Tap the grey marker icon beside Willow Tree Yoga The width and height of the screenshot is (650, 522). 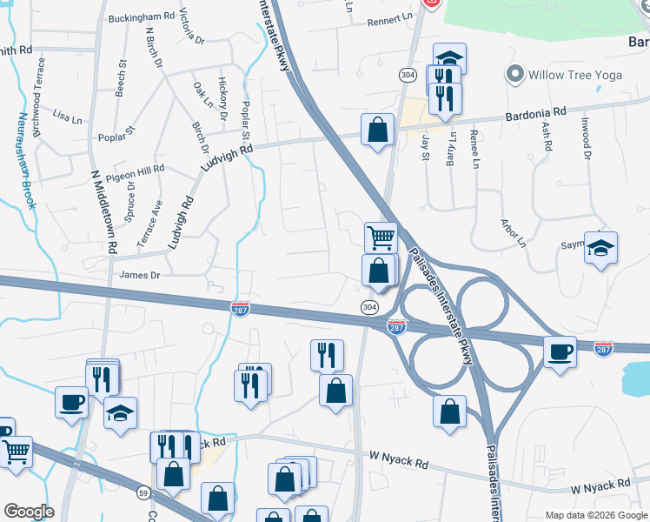click(514, 74)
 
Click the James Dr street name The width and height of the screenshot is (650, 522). click(141, 275)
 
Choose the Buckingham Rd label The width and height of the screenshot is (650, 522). click(142, 17)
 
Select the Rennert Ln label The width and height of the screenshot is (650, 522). click(389, 18)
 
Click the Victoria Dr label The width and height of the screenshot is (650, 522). click(192, 27)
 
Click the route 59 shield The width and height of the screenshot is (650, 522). click(142, 494)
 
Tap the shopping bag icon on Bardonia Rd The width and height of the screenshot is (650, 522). click(377, 130)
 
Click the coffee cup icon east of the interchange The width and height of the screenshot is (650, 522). click(560, 351)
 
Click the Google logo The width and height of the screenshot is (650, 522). click(29, 511)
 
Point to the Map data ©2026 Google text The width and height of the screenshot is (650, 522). click(595, 514)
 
